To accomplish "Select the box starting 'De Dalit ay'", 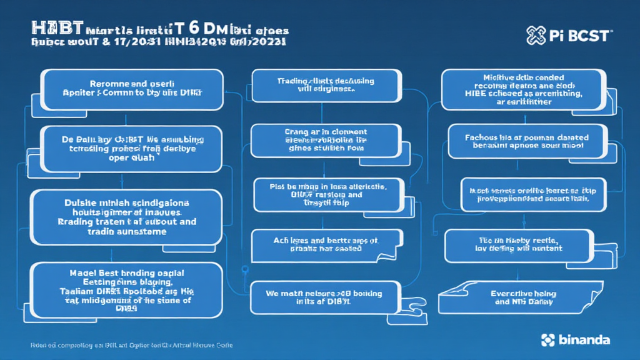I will tap(131, 149).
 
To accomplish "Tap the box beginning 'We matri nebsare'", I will tap(323, 296).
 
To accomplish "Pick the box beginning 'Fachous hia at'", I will tap(527, 141).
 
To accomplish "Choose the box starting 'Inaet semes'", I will tap(524, 195).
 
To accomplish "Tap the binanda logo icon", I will tap(548, 340).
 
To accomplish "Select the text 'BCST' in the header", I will tap(589, 36).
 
